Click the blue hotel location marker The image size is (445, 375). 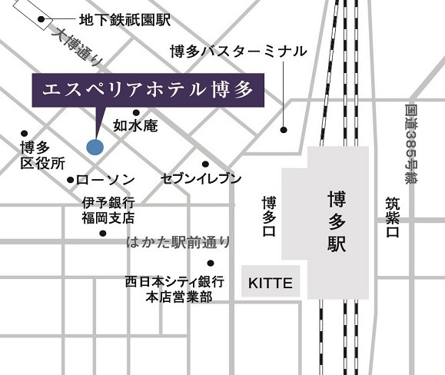[x=95, y=146]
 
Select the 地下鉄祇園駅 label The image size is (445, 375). [x=125, y=18]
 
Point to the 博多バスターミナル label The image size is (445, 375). [x=238, y=51]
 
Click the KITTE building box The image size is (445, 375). [x=271, y=283]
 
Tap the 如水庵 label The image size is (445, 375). [x=135, y=124]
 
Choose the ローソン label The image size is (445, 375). [x=106, y=180]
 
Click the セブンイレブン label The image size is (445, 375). [x=201, y=178]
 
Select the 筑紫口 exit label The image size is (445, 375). [x=393, y=217]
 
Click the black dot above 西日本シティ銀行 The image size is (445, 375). [x=211, y=263]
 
